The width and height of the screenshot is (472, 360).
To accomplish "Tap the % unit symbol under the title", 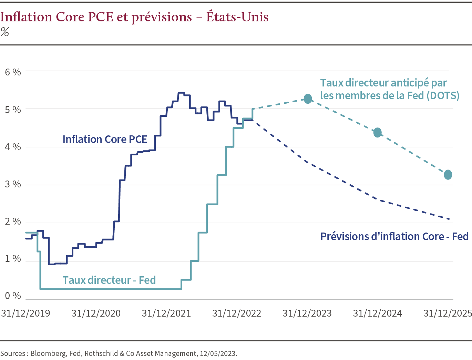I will (x=4, y=32).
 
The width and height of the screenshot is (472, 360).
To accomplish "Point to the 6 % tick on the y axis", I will (x=13, y=72).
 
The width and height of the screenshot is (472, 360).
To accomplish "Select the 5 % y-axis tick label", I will (x=13, y=110).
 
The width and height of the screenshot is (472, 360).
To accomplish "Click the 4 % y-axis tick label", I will (x=13, y=147).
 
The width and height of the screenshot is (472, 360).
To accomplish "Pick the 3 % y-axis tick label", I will (x=13, y=184).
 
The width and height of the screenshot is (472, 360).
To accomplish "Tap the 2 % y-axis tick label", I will (x=13, y=222).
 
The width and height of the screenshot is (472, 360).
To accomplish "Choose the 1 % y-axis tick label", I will (x=13, y=259).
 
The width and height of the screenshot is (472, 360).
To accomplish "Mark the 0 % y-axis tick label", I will (x=13, y=296).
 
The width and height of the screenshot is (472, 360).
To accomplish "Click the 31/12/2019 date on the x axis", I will (x=25, y=313).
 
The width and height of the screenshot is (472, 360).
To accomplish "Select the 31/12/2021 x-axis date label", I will (x=166, y=313).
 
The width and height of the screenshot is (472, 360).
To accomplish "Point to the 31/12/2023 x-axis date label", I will (x=307, y=313).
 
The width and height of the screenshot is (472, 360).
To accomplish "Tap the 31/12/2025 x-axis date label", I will (x=448, y=313).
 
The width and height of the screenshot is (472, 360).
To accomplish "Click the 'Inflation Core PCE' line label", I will (x=105, y=139).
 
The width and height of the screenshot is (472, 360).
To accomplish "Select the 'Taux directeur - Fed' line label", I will (x=109, y=280).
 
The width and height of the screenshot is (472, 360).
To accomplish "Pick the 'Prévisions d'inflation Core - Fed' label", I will (x=394, y=236).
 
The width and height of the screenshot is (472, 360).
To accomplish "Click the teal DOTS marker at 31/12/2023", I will (x=308, y=99).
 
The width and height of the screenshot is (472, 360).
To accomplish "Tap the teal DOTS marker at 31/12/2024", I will (x=378, y=133).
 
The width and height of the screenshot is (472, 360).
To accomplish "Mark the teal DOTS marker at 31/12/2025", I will (x=448, y=175).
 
